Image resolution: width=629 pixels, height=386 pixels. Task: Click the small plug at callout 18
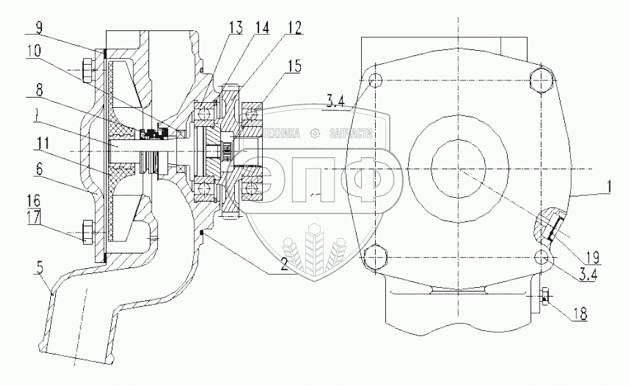click(x=545, y=295)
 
